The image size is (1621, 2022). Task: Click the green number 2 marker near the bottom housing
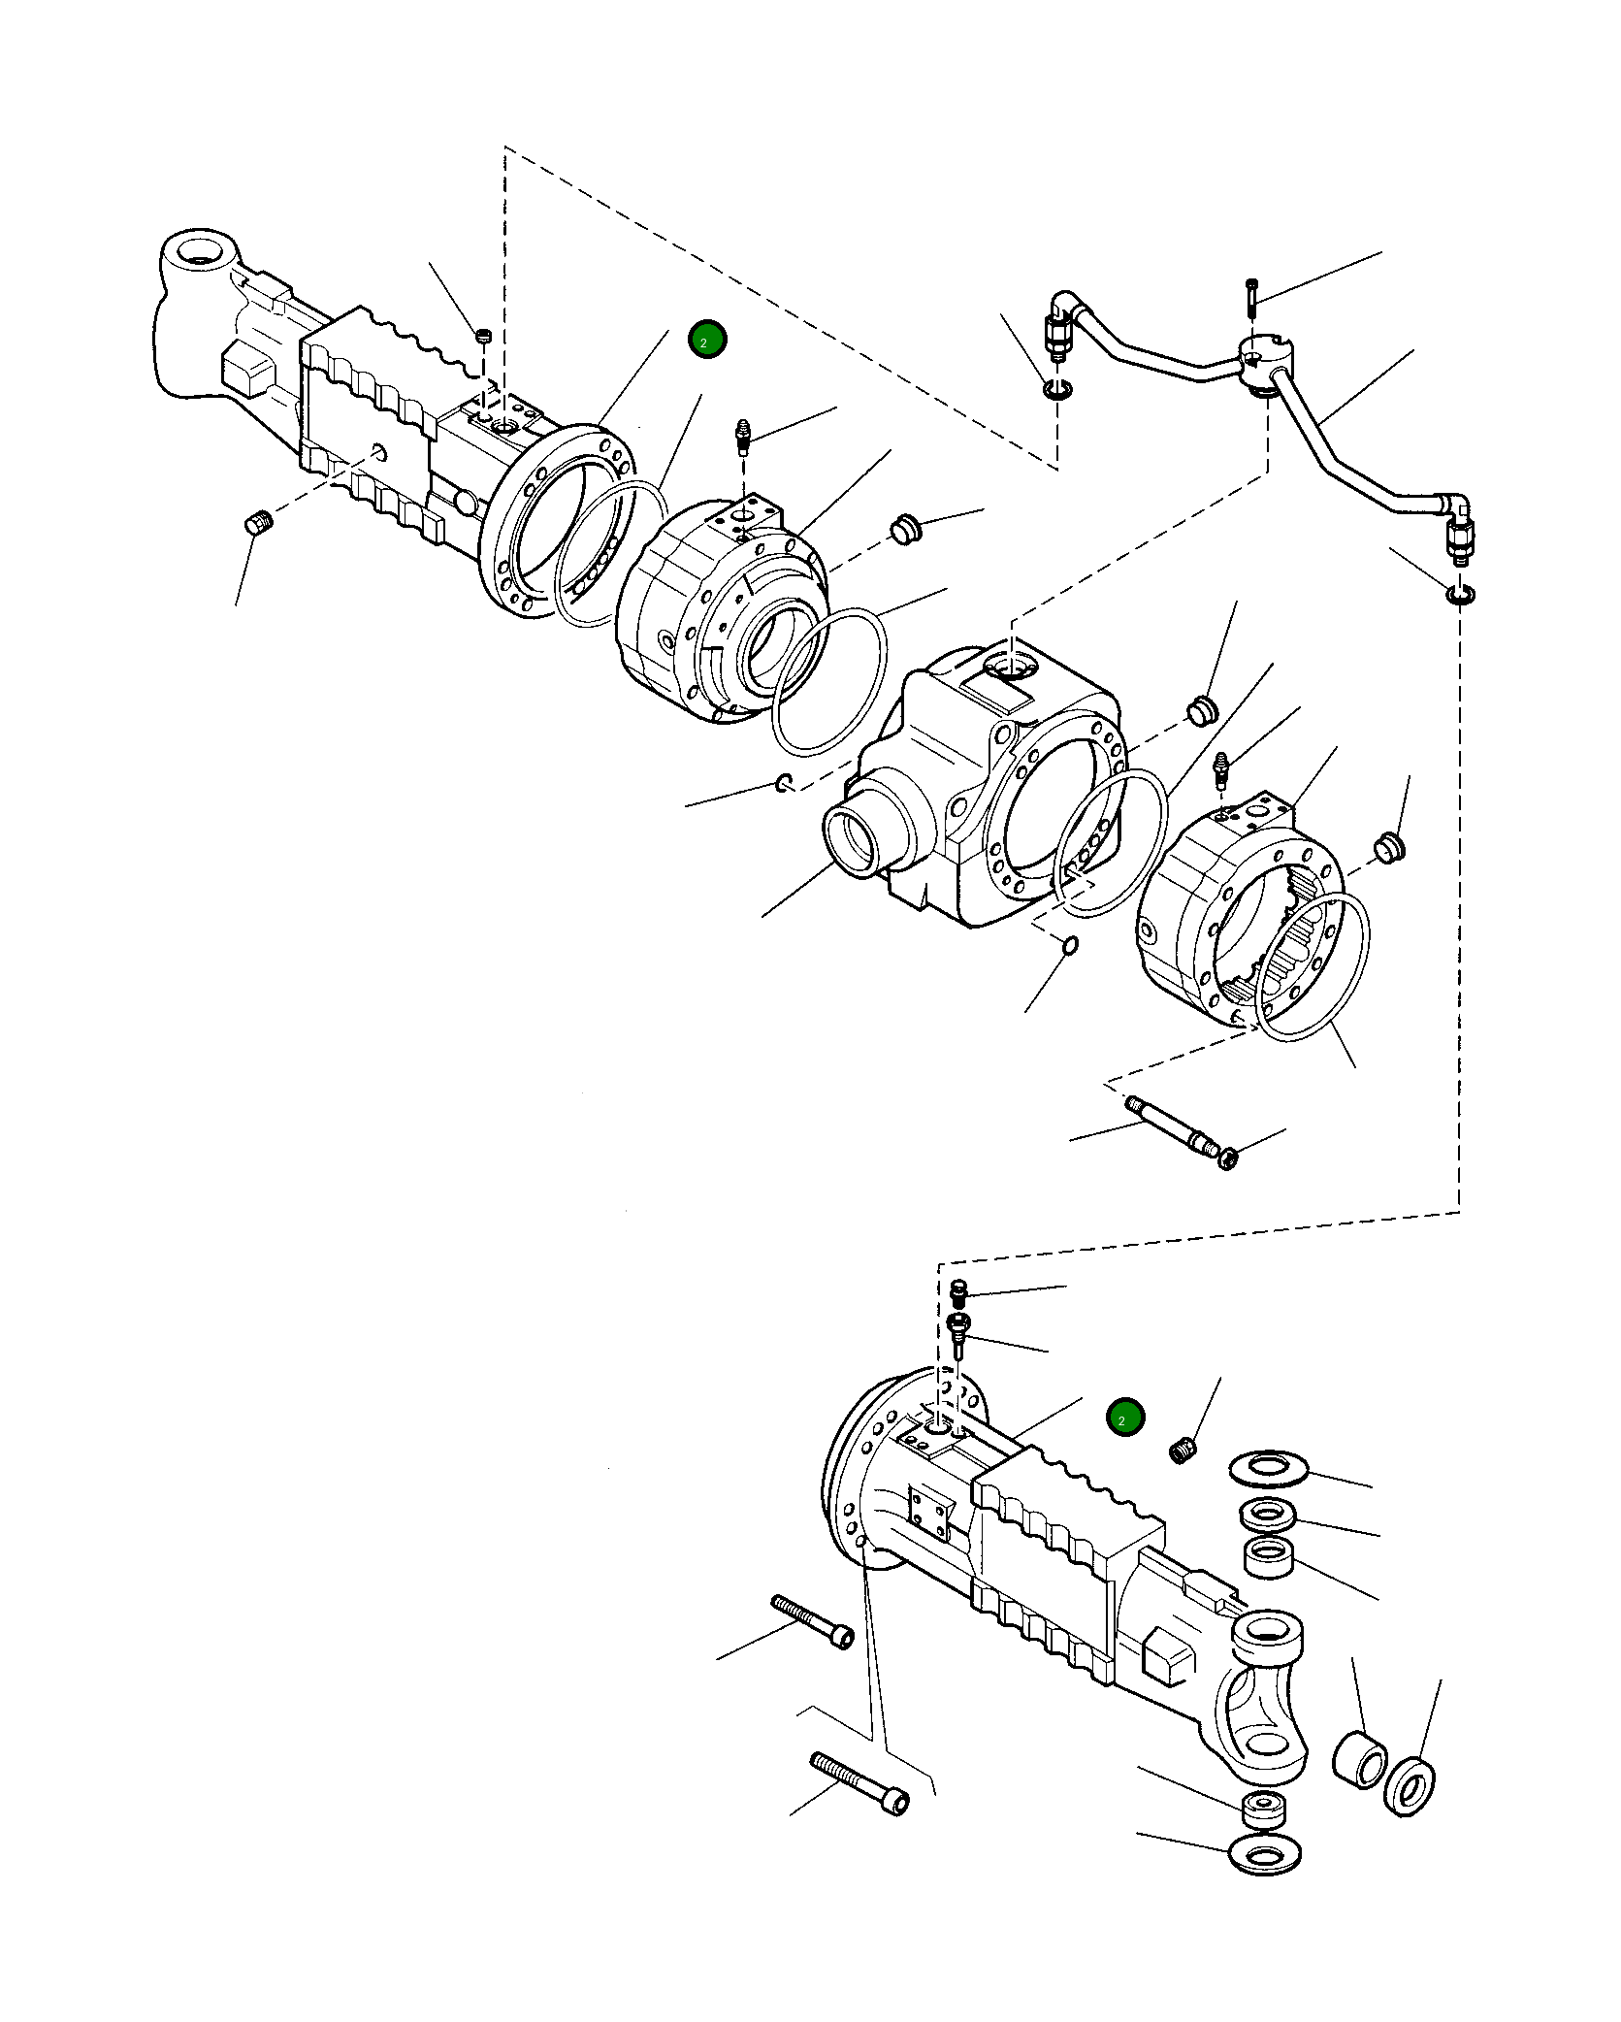click(1125, 1418)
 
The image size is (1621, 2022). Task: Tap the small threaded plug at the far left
click(258, 524)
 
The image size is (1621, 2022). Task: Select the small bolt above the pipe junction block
click(1251, 296)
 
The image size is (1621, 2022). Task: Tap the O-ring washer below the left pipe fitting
click(1058, 390)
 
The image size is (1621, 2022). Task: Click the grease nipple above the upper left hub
click(744, 436)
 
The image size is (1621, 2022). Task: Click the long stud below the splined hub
click(1169, 1125)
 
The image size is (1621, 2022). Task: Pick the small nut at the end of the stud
click(1228, 1158)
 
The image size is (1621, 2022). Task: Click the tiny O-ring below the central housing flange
click(1070, 944)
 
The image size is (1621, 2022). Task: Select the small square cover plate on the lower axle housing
click(930, 1511)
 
